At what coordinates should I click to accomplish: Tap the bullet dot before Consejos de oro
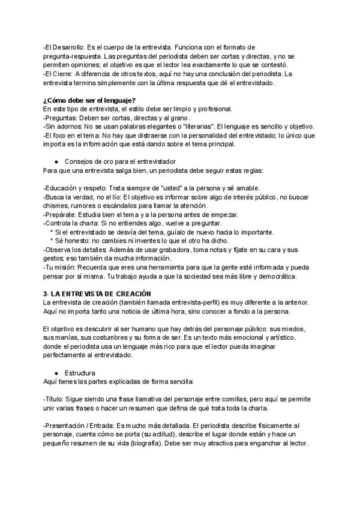[56, 161]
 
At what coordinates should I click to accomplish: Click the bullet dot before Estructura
[56, 373]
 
